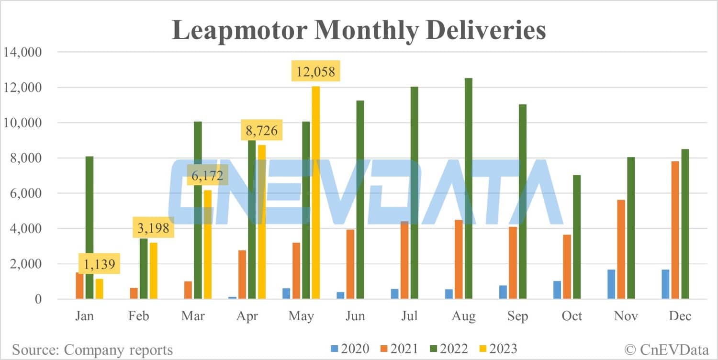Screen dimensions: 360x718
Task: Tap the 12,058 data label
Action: [315, 72]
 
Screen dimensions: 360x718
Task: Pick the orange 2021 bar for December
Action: [675, 230]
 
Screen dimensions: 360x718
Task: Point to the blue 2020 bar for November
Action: [611, 284]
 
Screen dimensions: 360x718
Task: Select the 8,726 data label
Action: [261, 130]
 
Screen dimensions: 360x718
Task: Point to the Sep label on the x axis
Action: [518, 316]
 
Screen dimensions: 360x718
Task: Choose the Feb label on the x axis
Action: [139, 316]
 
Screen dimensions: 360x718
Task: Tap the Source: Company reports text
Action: [92, 349]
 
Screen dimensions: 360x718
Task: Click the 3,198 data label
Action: [153, 228]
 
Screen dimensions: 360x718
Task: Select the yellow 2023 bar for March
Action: [207, 245]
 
